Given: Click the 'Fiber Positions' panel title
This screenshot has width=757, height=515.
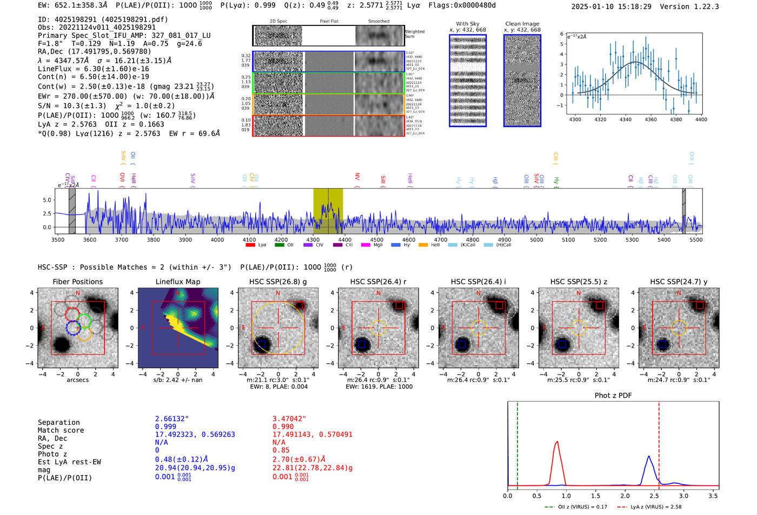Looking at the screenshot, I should (77, 282).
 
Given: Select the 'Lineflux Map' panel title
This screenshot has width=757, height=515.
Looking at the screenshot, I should (177, 282).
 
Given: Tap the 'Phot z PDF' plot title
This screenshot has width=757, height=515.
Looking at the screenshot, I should (613, 395).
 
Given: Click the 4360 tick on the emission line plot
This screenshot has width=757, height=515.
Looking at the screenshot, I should (650, 119).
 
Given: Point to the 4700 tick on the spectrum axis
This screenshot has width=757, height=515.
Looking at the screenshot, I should (441, 240).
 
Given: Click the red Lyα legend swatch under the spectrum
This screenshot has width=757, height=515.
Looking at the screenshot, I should (250, 245).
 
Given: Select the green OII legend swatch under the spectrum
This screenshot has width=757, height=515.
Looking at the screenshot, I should (280, 245).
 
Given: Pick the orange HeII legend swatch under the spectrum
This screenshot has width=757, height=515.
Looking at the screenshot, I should (423, 245).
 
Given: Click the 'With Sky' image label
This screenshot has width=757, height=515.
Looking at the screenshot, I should (467, 24).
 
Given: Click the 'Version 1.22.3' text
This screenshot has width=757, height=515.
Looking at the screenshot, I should (697, 6).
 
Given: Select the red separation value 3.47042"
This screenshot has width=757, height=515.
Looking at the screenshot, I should (289, 419).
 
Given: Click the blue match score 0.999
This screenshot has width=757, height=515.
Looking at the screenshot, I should (165, 426).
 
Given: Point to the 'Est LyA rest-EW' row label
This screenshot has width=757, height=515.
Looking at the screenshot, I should (69, 462).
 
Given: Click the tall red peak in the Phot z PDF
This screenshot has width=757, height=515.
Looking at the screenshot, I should (556, 443).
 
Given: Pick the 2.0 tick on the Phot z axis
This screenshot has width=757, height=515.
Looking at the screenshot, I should (625, 496).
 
